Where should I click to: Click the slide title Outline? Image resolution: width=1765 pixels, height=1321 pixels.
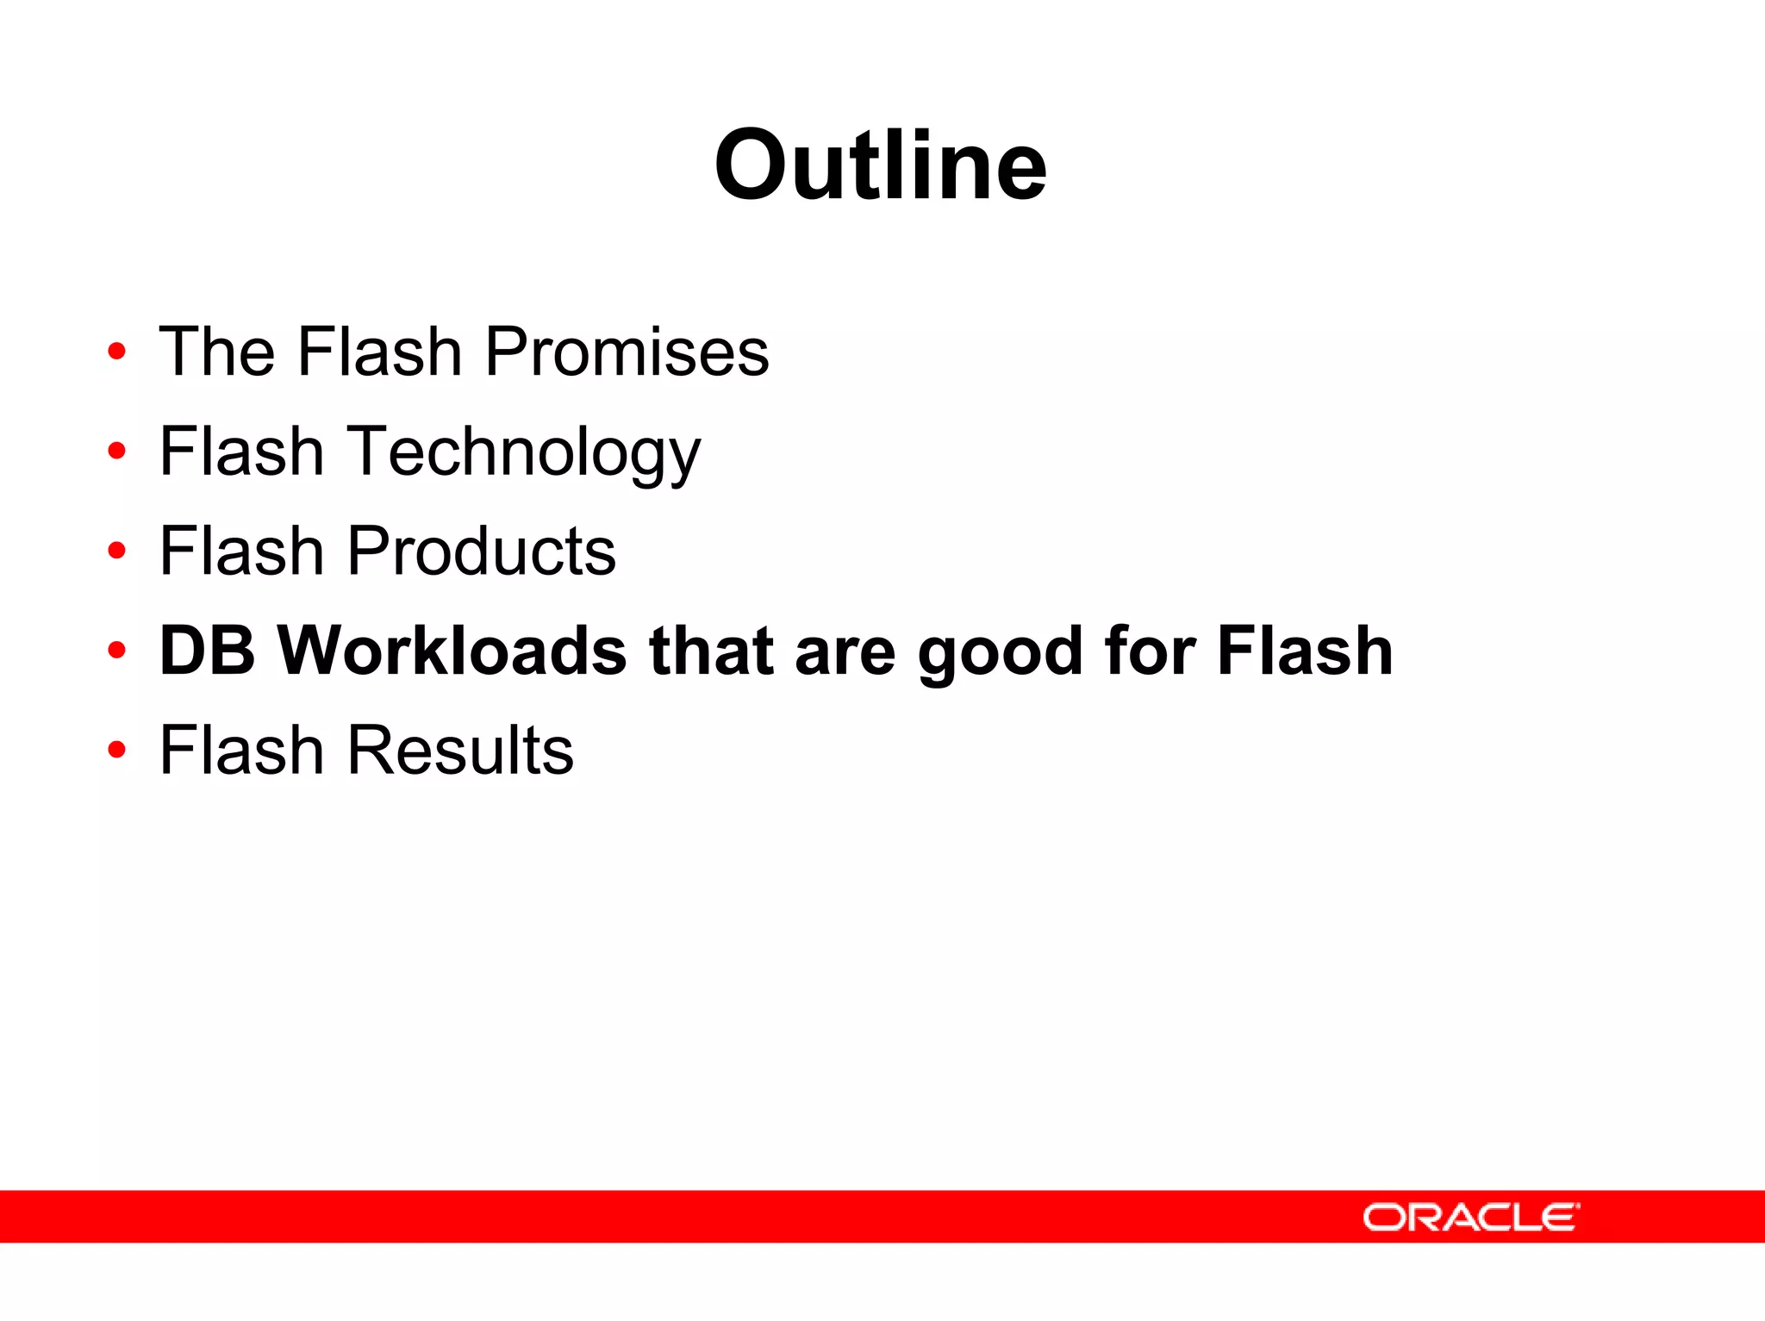pyautogui.click(x=880, y=165)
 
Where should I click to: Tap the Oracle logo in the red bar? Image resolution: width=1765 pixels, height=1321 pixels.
pyautogui.click(x=1470, y=1217)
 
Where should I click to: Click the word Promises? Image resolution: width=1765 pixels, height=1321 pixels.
pyautogui.click(x=627, y=352)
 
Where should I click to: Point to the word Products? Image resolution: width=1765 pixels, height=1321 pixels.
pyautogui.click(x=481, y=551)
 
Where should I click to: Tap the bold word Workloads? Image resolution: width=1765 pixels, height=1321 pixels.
pyautogui.click(x=452, y=651)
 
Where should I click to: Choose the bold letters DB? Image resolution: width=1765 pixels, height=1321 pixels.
pyautogui.click(x=207, y=651)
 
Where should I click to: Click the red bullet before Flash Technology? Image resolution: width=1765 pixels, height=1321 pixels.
pyautogui.click(x=116, y=451)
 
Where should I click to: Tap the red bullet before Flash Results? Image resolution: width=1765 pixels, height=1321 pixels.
pyautogui.click(x=116, y=750)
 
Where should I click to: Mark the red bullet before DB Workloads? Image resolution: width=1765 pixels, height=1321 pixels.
pyautogui.click(x=116, y=651)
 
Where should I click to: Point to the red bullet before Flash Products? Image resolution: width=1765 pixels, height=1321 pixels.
pyautogui.click(x=116, y=551)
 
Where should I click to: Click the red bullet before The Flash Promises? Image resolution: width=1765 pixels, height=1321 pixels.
pyautogui.click(x=116, y=352)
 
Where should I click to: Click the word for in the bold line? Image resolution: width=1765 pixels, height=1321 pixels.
pyautogui.click(x=1150, y=651)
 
